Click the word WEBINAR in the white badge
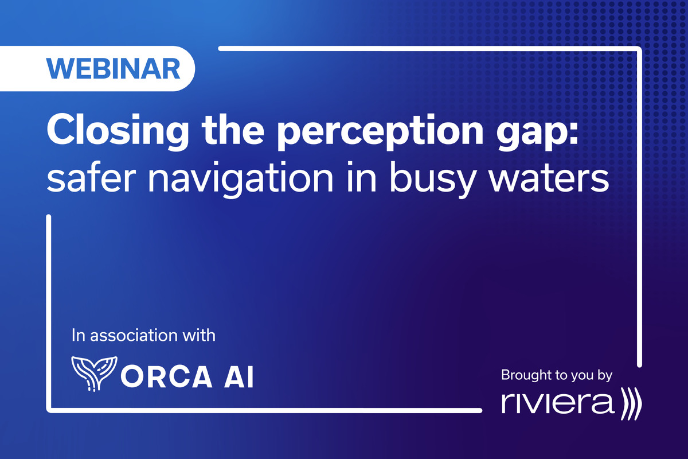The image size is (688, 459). [114, 69]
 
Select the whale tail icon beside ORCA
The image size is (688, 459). [90, 373]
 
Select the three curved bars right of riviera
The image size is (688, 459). [631, 403]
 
